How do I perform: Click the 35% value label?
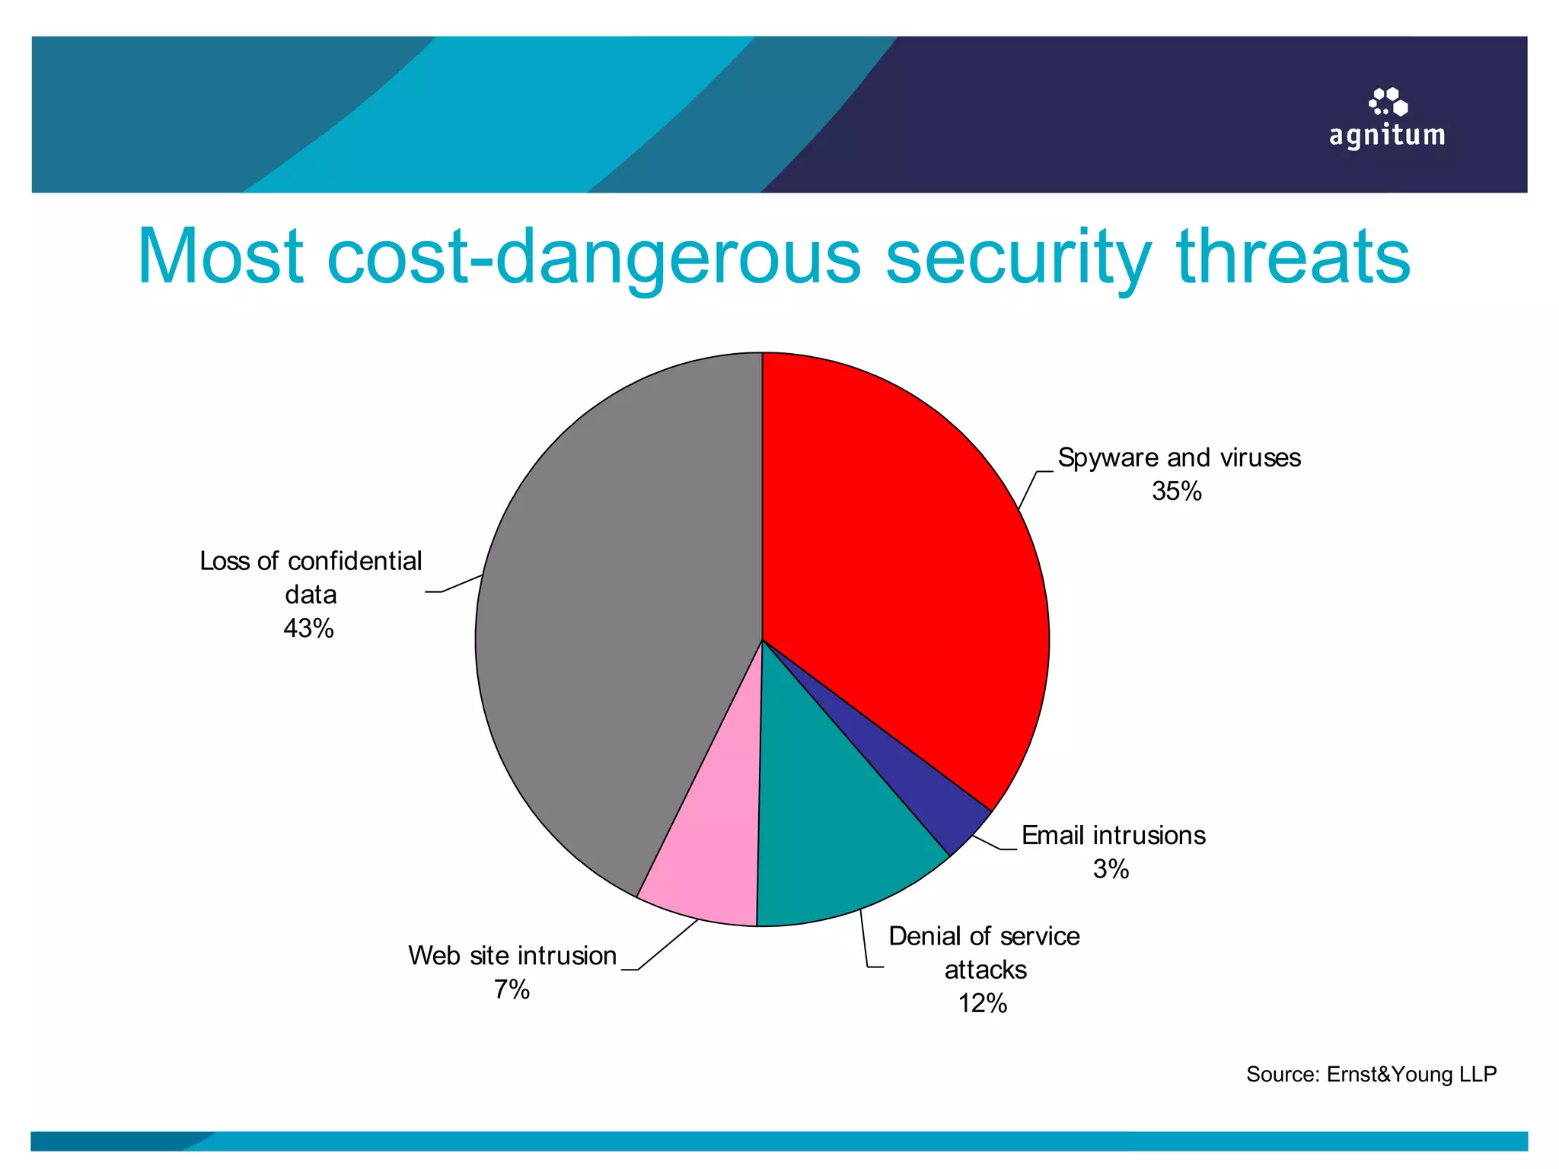click(x=1176, y=492)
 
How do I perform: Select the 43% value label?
click(x=308, y=629)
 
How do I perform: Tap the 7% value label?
click(x=512, y=989)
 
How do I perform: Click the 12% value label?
click(x=983, y=1004)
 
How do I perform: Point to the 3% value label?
click(x=1111, y=869)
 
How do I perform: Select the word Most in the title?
click(x=221, y=257)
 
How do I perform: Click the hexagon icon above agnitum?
click(x=1388, y=102)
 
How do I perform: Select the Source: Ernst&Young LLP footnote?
click(x=1371, y=1074)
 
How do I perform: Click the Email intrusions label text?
click(x=1113, y=836)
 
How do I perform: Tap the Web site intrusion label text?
click(x=512, y=956)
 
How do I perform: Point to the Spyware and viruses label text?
click(x=1179, y=457)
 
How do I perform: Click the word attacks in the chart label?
click(x=985, y=970)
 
